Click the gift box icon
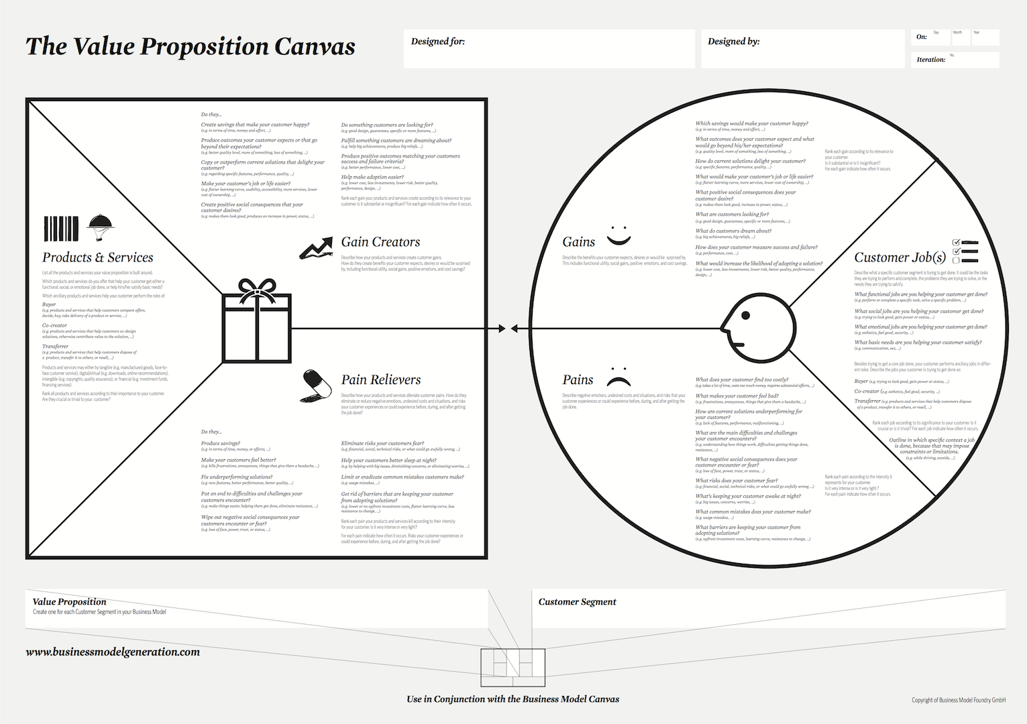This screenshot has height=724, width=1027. [257, 321]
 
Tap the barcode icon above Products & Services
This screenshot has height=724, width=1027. [61, 229]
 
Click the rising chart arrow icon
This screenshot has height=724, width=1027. [316, 248]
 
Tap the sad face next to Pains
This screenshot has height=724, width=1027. [618, 377]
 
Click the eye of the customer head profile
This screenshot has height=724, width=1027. [745, 316]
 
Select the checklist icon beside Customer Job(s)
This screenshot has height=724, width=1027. [965, 251]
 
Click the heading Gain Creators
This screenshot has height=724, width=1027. [380, 242]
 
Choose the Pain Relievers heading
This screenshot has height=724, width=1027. [380, 380]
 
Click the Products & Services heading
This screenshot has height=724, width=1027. [98, 257]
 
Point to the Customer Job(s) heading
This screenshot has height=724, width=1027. [900, 257]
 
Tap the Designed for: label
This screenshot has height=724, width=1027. [437, 42]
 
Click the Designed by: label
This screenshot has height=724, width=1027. [733, 42]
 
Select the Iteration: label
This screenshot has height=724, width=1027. [930, 60]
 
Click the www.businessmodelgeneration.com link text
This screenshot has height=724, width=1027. [113, 652]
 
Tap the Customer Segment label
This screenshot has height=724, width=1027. [577, 602]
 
